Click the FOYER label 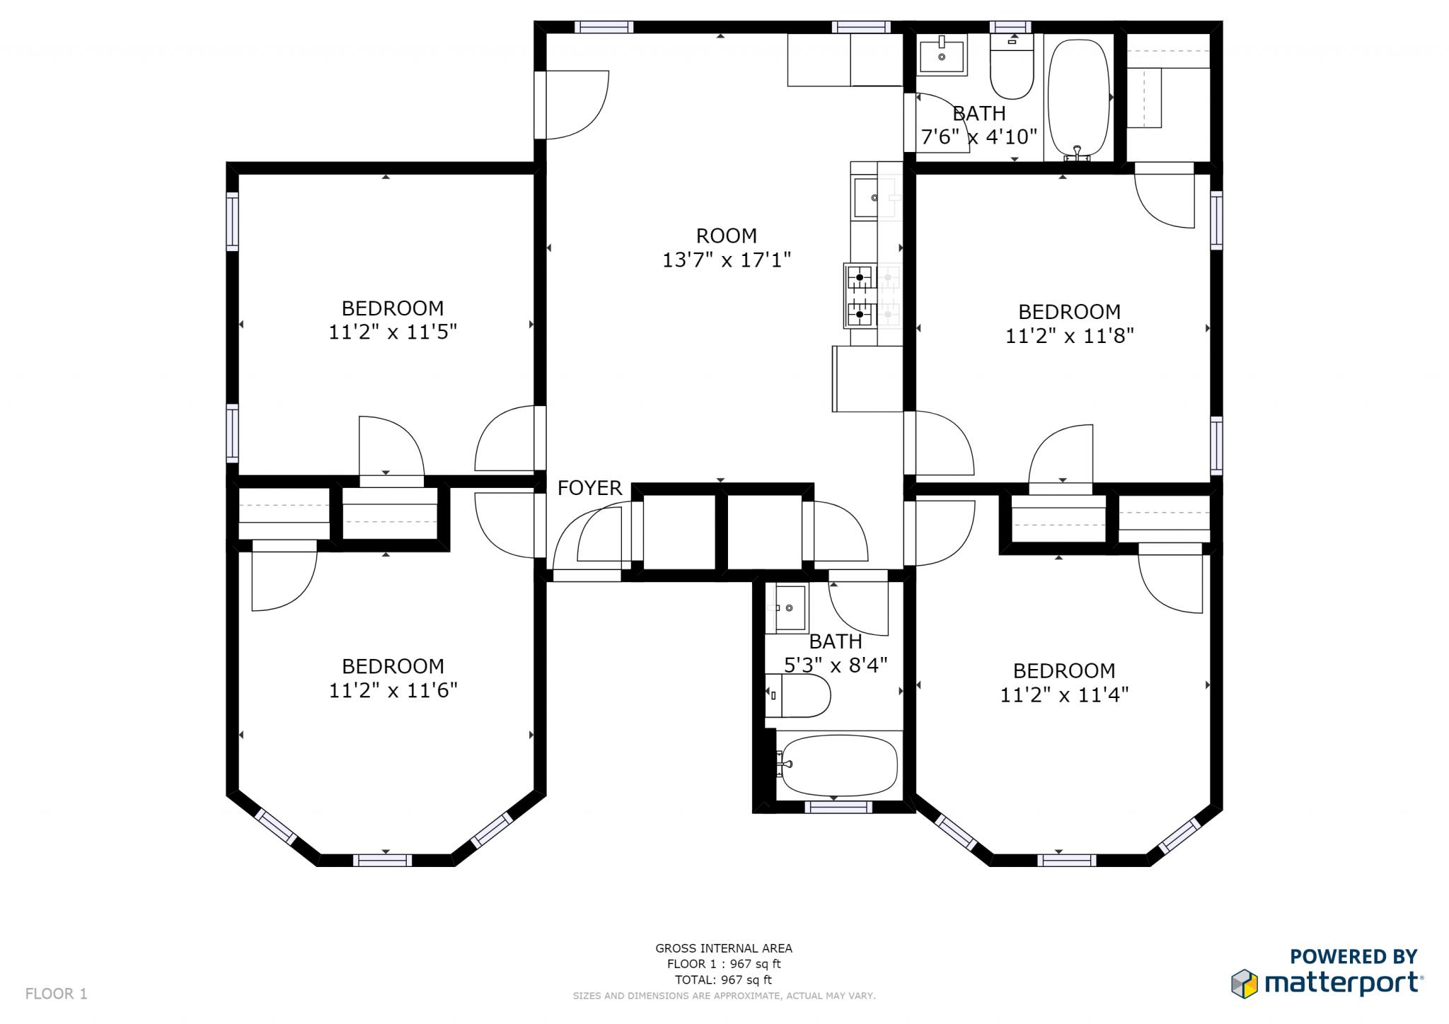click(589, 488)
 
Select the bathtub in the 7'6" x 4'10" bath click(1078, 98)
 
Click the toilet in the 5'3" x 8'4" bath click(799, 695)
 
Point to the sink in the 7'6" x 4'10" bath click(942, 54)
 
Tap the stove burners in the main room click(860, 296)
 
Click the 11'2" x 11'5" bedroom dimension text click(393, 331)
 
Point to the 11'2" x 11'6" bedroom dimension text click(393, 690)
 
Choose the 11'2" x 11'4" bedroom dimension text click(1063, 694)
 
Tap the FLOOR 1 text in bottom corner click(56, 994)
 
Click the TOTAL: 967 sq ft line click(723, 979)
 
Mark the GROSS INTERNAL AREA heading click(723, 948)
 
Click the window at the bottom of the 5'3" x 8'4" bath click(838, 807)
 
